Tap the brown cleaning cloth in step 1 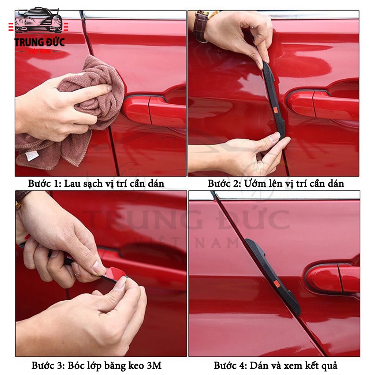click(x=72, y=112)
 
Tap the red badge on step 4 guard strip click(x=278, y=285)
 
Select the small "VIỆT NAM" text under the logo click(x=40, y=51)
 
